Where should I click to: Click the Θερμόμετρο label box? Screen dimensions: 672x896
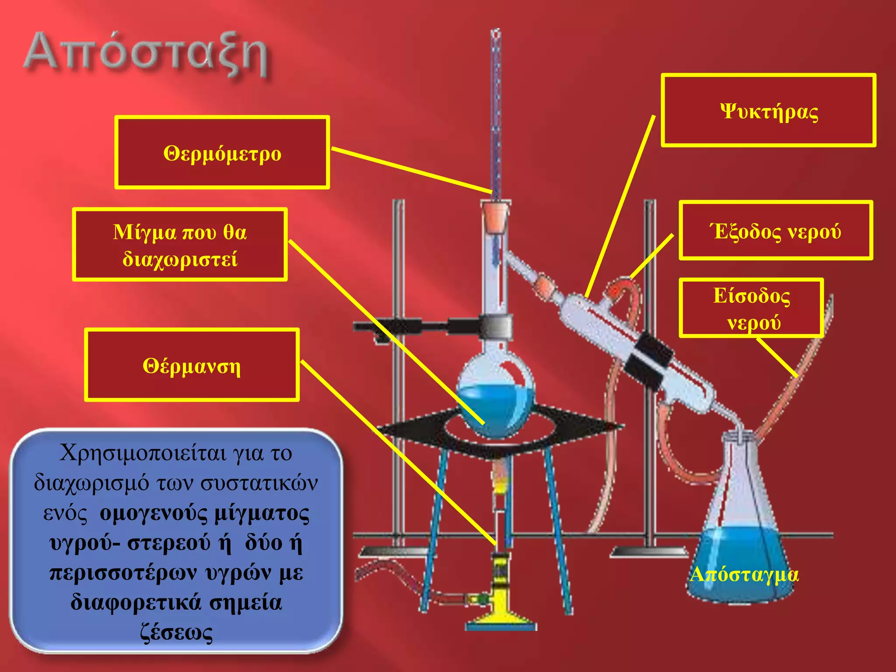coord(222,153)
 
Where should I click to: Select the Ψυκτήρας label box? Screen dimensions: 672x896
coord(768,110)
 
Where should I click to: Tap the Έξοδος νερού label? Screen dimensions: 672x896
coord(775,231)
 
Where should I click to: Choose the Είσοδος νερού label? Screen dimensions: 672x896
coord(751,308)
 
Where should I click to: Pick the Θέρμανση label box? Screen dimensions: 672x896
coord(192,365)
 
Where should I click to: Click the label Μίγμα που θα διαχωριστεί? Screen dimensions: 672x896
coord(180,245)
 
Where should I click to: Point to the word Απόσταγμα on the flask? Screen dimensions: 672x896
coord(744,574)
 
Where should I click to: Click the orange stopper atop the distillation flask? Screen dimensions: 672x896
coord(495,217)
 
